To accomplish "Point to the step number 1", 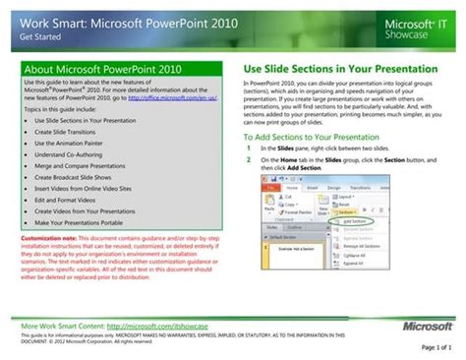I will pos(249,148).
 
